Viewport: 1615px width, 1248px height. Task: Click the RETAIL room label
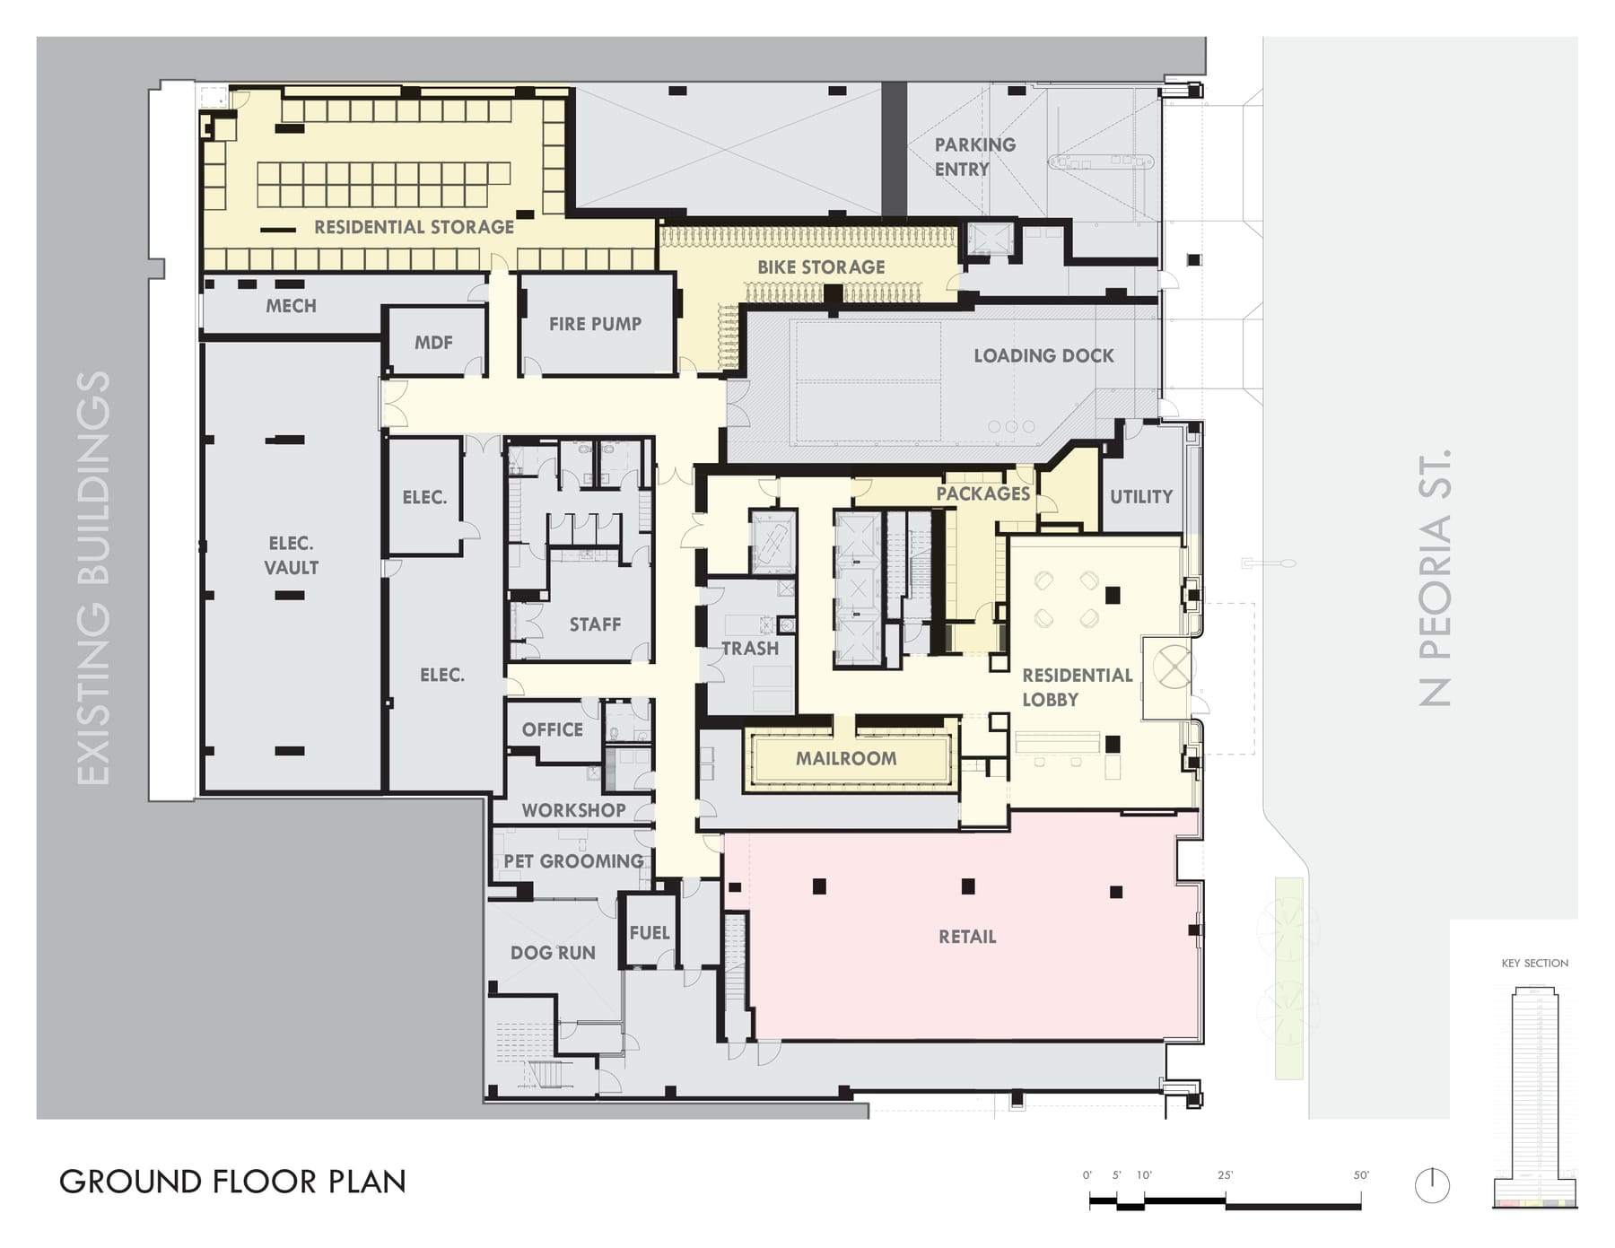[967, 937]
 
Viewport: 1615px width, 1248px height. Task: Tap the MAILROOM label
[846, 758]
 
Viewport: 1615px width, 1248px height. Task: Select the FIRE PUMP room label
[595, 324]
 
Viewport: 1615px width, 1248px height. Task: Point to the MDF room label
[433, 343]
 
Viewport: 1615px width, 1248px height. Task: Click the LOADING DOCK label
[1044, 355]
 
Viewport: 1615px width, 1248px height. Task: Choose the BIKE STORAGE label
[821, 267]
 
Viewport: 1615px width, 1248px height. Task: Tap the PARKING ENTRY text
[974, 157]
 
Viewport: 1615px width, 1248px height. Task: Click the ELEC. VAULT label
[291, 555]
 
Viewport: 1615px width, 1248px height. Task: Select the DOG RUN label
[553, 953]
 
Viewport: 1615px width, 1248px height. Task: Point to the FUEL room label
[650, 933]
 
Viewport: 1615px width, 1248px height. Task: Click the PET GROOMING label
[573, 861]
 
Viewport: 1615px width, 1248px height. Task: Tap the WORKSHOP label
[573, 810]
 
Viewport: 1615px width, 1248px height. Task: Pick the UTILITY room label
[1141, 496]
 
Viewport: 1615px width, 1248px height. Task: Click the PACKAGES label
[983, 493]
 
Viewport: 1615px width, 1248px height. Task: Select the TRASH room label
[750, 648]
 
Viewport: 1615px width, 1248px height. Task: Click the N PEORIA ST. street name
[1436, 578]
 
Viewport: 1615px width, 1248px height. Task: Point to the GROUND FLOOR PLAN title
[232, 1182]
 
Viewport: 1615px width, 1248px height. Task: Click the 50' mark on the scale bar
[1361, 1175]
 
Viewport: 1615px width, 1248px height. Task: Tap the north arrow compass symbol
[1432, 1185]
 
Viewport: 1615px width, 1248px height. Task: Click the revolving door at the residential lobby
[1170, 667]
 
